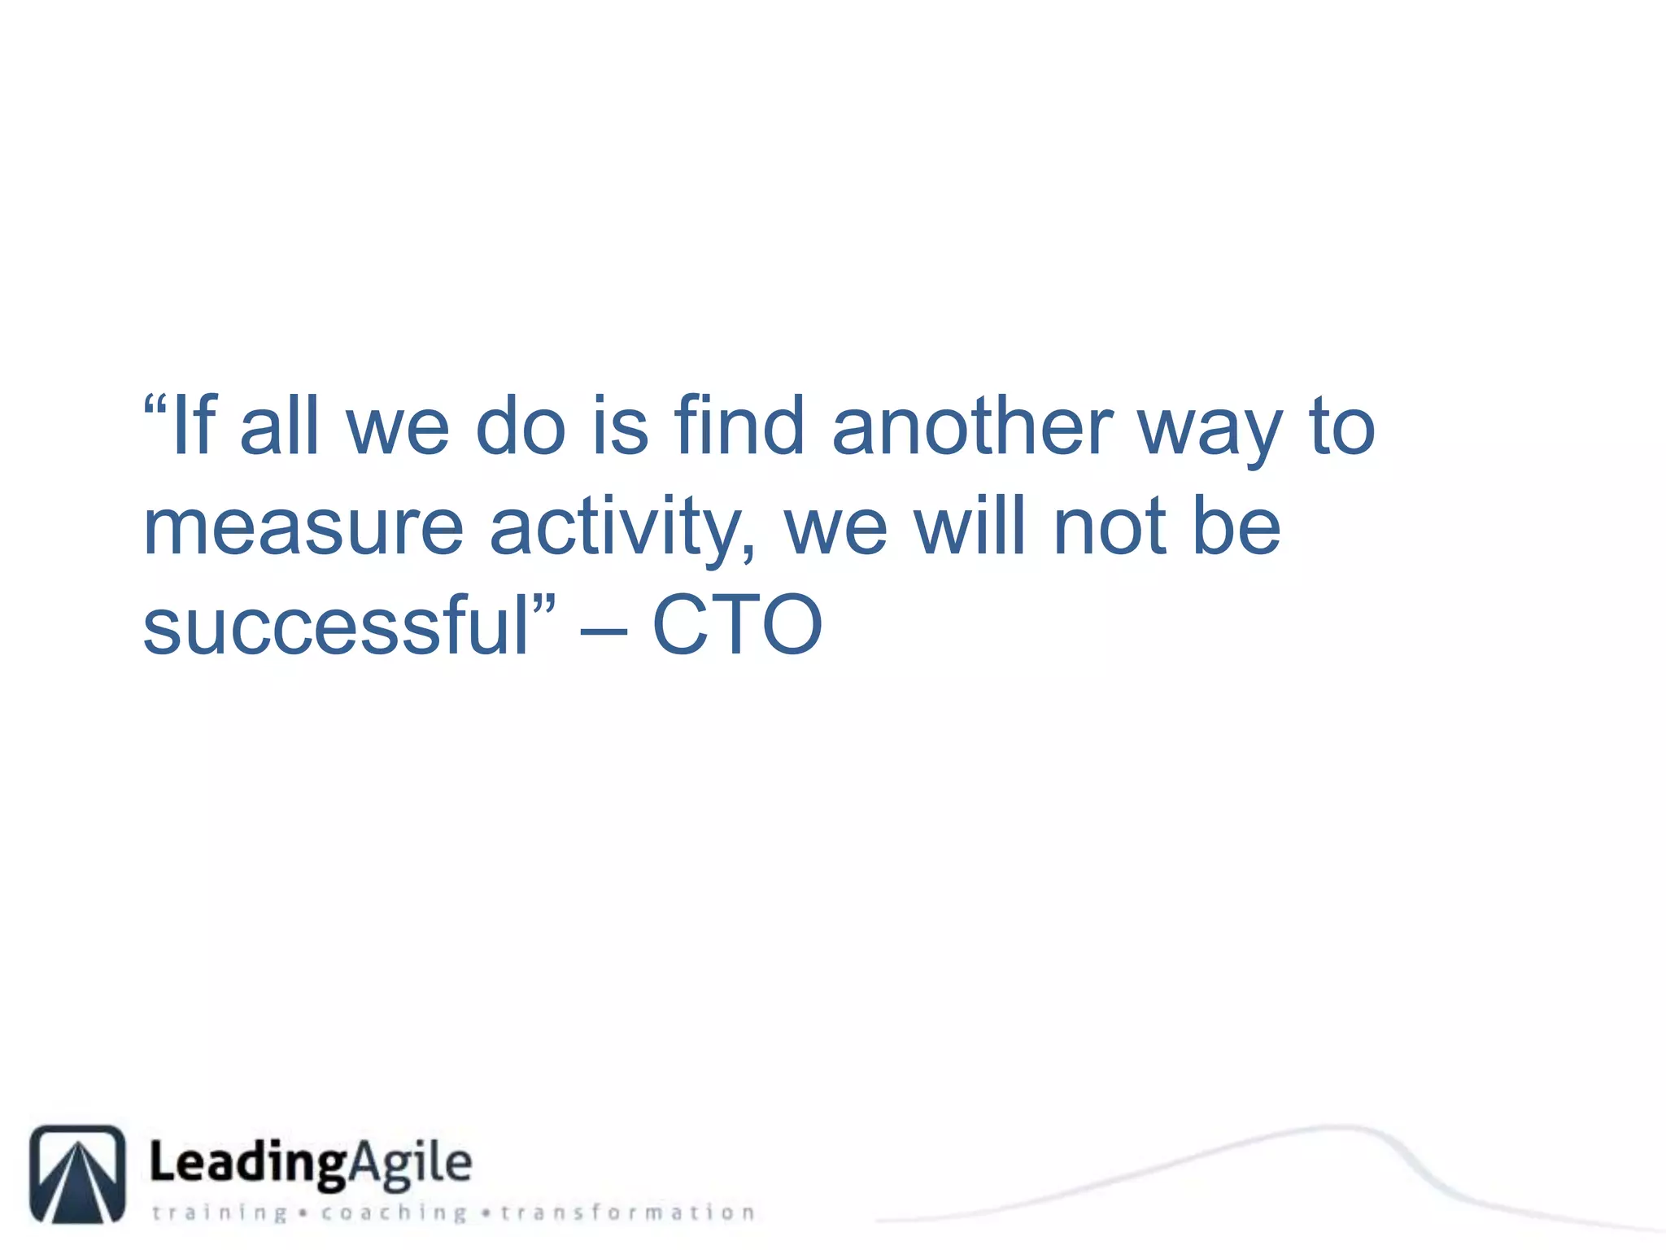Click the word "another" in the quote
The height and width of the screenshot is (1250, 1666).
tap(973, 426)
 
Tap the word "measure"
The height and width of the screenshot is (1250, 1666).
tap(303, 529)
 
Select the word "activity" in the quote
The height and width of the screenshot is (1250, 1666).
tap(614, 529)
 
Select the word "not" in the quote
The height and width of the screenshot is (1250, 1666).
tap(1109, 529)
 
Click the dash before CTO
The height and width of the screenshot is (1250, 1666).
tap(604, 632)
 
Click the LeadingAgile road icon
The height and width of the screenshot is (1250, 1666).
tap(78, 1174)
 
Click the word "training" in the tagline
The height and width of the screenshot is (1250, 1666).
tap(220, 1213)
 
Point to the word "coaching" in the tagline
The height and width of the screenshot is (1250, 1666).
tap(394, 1213)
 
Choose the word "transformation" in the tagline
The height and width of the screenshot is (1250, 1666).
tap(627, 1213)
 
